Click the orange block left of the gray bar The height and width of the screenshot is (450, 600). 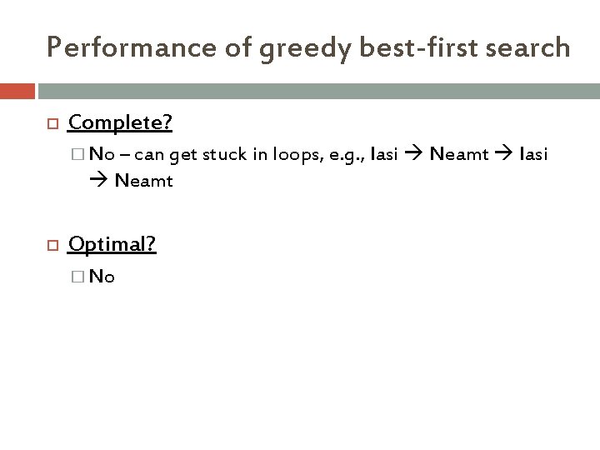17,90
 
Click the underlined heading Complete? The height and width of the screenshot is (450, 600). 120,123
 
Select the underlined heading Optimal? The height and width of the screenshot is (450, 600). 112,243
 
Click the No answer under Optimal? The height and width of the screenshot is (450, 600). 102,277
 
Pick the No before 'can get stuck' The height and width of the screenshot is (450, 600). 102,154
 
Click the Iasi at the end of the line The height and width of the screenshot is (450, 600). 533,154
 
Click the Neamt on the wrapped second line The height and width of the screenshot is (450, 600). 143,179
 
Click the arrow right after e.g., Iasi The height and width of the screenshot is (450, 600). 414,155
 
